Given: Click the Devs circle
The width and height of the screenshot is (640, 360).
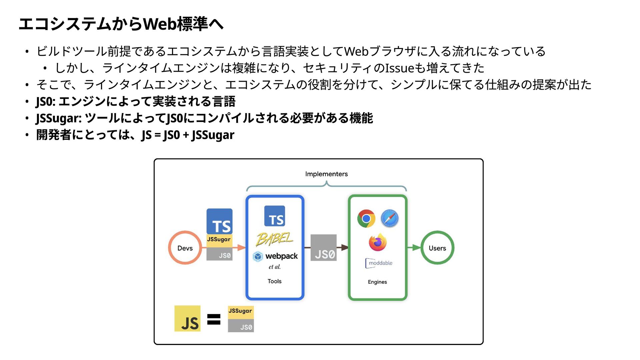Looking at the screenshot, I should click(x=185, y=248).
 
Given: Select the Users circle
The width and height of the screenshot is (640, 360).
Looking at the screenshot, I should click(x=437, y=248).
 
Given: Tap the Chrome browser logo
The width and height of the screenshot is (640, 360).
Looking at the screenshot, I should click(x=366, y=219).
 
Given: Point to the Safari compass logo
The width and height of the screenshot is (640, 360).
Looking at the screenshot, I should click(x=389, y=219).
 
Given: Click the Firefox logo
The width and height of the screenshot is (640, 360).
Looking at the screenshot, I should click(x=378, y=242).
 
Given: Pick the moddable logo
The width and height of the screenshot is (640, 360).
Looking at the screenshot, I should click(x=379, y=263).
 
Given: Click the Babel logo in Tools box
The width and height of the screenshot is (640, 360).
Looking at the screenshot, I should click(x=274, y=239).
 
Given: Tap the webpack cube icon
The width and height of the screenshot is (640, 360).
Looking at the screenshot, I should click(x=258, y=256).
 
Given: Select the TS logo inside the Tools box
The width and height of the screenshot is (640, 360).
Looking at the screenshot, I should click(x=274, y=216).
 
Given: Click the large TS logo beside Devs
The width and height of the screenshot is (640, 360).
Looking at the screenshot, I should click(x=219, y=222).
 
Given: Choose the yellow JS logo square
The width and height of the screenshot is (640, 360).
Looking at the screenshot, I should click(x=187, y=319).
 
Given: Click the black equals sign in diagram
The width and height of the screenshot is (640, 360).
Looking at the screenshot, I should click(x=214, y=319).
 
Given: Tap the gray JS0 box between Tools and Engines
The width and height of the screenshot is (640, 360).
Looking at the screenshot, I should click(x=323, y=248).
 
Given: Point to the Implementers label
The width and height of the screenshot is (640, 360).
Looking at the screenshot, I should click(x=326, y=174).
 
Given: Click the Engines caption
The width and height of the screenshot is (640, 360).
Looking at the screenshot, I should click(x=377, y=282).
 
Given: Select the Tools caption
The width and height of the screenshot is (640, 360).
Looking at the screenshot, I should click(x=274, y=281).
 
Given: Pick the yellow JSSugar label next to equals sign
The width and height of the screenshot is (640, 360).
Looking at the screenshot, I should click(x=240, y=311).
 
